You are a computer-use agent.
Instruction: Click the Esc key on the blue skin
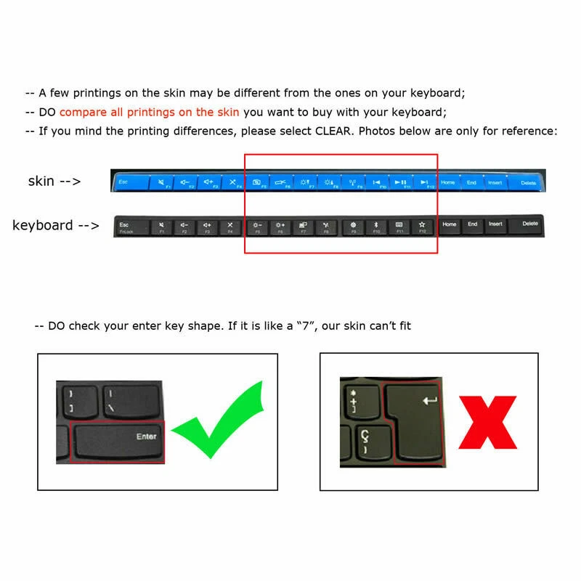point(124,182)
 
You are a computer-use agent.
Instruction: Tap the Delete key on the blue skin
point(528,182)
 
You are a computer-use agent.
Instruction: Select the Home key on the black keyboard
point(450,225)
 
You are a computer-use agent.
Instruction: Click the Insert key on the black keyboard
point(495,225)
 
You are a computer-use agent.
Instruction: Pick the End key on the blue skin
point(471,182)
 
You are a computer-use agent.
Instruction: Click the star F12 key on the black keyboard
point(422,226)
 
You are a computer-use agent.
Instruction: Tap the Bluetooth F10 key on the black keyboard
point(375,226)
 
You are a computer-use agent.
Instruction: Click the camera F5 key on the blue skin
point(257,182)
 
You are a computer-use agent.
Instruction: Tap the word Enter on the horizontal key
point(146,436)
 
